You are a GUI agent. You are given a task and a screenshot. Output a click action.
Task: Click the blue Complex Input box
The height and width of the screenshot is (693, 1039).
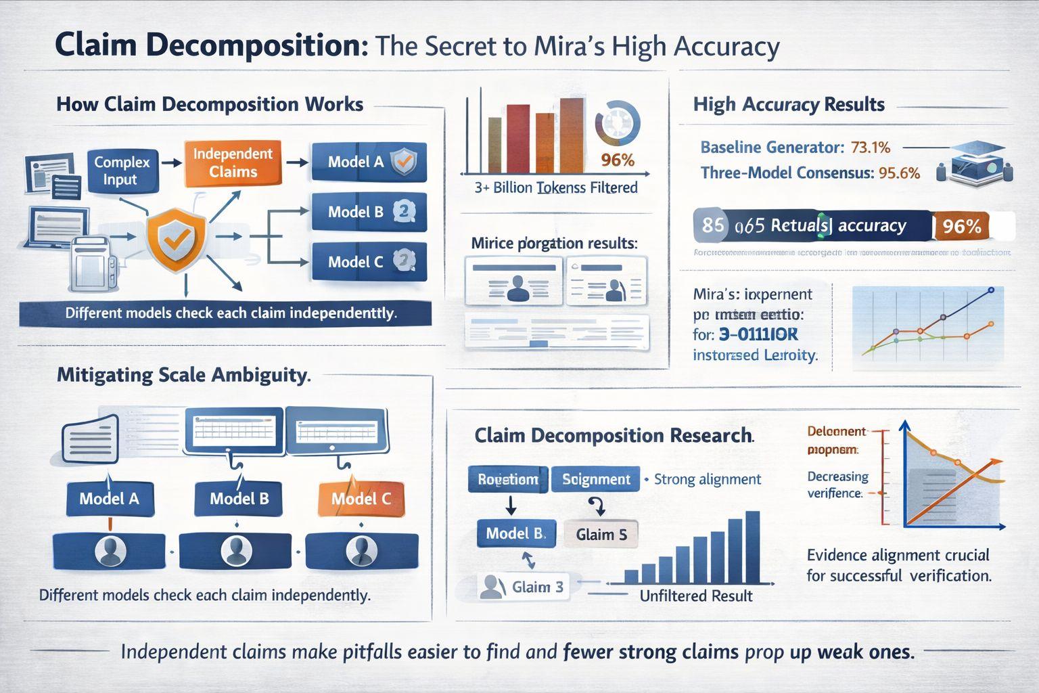click(122, 171)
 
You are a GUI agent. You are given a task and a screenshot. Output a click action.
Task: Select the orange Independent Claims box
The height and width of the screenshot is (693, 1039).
click(233, 162)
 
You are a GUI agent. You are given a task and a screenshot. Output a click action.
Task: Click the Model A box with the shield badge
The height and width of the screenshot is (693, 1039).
click(369, 162)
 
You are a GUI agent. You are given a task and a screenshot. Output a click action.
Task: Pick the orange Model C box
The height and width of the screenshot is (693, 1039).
click(361, 499)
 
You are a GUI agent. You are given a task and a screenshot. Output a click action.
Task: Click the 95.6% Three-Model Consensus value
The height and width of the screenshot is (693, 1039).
click(899, 173)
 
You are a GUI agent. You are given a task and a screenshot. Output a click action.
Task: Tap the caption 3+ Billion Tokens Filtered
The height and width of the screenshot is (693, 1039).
click(556, 187)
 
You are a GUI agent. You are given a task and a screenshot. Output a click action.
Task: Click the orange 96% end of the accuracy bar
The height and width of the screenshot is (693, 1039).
click(962, 225)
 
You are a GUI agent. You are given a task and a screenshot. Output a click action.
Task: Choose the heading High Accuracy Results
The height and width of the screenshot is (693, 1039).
click(789, 104)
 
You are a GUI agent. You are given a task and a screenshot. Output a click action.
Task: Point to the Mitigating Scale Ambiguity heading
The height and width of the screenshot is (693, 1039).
click(183, 375)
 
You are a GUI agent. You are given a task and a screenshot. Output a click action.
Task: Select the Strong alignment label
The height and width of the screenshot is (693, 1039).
click(707, 479)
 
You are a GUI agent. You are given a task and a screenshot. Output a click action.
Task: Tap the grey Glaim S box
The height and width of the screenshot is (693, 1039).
click(601, 535)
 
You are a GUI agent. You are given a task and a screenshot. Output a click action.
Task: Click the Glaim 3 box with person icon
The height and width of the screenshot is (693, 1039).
click(522, 586)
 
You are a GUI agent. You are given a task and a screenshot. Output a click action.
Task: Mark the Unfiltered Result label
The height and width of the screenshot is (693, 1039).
click(695, 596)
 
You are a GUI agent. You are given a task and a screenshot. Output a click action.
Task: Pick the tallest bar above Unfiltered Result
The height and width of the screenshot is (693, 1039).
click(752, 547)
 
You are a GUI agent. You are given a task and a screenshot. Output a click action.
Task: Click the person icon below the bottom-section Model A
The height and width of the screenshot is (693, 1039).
click(110, 551)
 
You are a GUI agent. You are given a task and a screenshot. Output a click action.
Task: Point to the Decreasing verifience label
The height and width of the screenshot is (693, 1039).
click(837, 485)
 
